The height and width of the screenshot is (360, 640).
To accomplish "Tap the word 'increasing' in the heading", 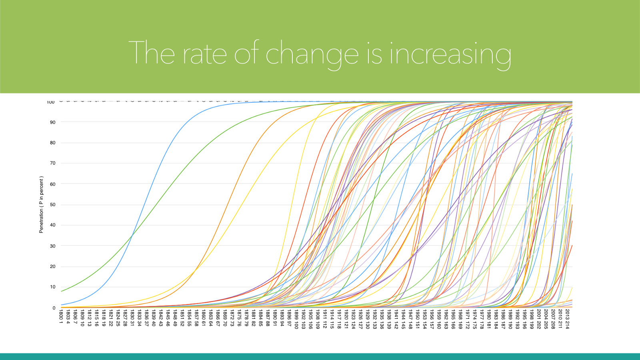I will coord(450,54).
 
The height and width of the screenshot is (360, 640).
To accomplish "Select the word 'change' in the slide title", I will coord(312,54).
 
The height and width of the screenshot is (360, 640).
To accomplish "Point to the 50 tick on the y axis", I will coord(53,205).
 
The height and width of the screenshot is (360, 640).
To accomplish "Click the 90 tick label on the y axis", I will coord(53,122).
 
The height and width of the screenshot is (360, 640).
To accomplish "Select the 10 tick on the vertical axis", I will coord(53,287).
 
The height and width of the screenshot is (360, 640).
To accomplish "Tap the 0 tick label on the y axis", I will coord(54,308).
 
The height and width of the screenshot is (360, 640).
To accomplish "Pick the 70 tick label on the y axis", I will coord(53,163).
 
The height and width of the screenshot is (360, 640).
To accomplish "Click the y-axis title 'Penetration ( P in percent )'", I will coord(41,205).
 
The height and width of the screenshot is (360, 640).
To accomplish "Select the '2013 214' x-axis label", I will coord(567,319).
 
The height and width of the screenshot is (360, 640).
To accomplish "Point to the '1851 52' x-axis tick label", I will coord(182,318).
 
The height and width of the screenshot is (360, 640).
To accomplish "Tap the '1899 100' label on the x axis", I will coord(296,319).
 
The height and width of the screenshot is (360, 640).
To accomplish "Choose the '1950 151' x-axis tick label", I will coord(417,319).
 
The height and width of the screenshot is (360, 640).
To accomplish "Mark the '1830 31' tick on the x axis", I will coord(132,318).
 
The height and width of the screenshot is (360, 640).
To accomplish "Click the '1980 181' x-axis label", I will coord(488,319).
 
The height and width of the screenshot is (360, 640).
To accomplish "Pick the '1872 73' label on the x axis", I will coord(232,318).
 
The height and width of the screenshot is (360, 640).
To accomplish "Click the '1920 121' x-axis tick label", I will coord(346,319).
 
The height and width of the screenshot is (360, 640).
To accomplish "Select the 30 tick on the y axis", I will coord(53,246).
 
